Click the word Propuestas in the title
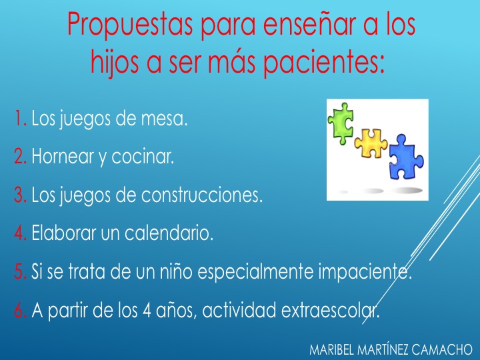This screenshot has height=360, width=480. pyautogui.click(x=130, y=25)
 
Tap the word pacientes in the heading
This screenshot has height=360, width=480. pyautogui.click(x=323, y=62)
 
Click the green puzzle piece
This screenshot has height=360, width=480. pyautogui.click(x=341, y=123)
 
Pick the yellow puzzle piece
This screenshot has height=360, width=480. pyautogui.click(x=371, y=143)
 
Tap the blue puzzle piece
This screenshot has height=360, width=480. pyautogui.click(x=406, y=157)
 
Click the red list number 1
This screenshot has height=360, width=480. pyautogui.click(x=21, y=118)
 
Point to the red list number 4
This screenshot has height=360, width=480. pyautogui.click(x=21, y=233)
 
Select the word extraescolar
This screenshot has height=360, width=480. pyautogui.click(x=330, y=310)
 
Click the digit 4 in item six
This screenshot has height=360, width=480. pyautogui.click(x=146, y=310)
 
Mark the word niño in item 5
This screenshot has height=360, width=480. pyautogui.click(x=176, y=271)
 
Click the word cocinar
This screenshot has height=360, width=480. pyautogui.click(x=143, y=157)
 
